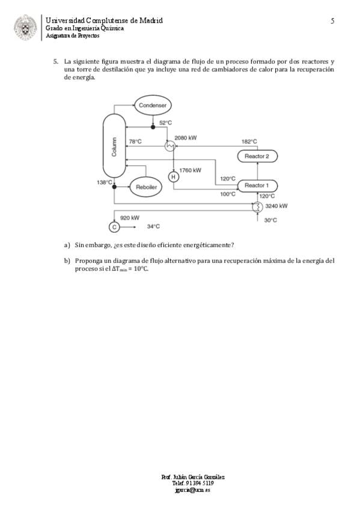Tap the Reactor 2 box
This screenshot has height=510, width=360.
click(257, 156)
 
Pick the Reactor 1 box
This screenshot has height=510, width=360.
click(257, 186)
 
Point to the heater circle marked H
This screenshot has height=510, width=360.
click(174, 177)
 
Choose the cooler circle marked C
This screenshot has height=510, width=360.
click(114, 227)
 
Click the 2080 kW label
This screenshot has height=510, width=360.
click(186, 138)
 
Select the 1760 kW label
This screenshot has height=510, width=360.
click(191, 170)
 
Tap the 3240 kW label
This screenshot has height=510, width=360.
click(276, 206)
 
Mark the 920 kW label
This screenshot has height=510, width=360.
click(130, 218)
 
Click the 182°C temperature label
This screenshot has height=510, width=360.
click(249, 141)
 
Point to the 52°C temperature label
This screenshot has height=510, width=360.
click(165, 123)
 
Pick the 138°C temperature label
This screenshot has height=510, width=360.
click(105, 182)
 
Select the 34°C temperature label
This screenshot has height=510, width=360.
click(153, 226)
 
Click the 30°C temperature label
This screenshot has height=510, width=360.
click(270, 220)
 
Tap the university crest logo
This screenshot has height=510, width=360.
click(25, 28)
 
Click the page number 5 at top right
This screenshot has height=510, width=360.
click(332, 21)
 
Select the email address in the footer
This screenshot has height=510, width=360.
click(192, 490)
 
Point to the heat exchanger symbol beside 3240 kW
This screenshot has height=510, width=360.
click(257, 207)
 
